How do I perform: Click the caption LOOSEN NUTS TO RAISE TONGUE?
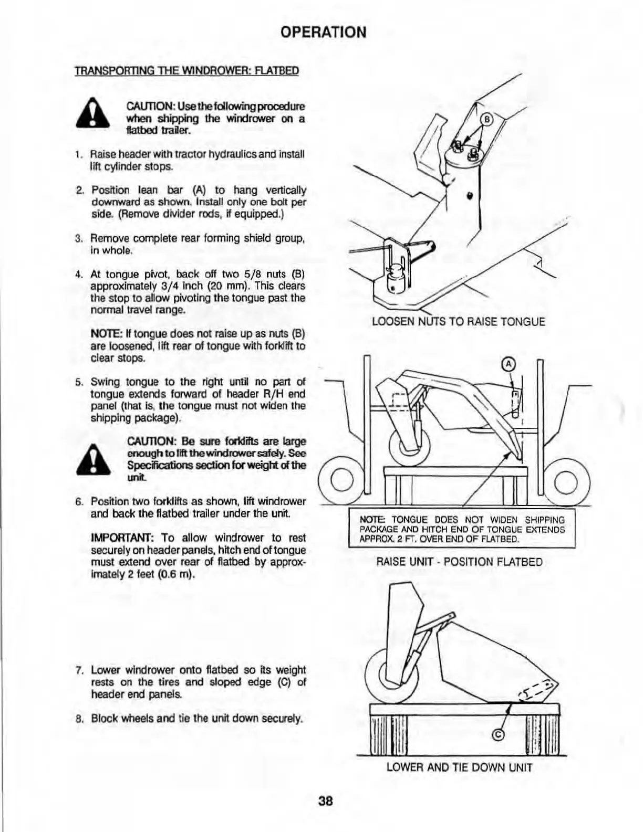(458, 322)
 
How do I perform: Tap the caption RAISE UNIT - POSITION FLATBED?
(460, 562)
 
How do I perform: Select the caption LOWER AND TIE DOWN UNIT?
(459, 767)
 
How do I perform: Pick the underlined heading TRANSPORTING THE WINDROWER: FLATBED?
(187, 70)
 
